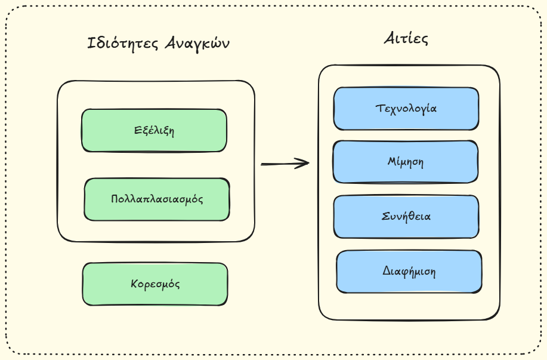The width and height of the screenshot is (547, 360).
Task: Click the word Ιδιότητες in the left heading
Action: (123, 44)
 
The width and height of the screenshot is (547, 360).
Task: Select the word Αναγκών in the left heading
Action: (197, 44)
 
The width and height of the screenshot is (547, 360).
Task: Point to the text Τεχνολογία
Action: (406, 109)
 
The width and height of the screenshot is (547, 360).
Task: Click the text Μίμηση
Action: (406, 162)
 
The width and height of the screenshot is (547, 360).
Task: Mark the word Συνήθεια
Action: (406, 216)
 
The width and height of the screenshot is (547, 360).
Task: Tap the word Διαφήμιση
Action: (409, 272)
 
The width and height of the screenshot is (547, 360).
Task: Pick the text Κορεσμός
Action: (155, 284)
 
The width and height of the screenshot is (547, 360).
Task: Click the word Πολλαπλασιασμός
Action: (157, 199)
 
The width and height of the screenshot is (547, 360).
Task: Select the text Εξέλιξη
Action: (154, 130)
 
